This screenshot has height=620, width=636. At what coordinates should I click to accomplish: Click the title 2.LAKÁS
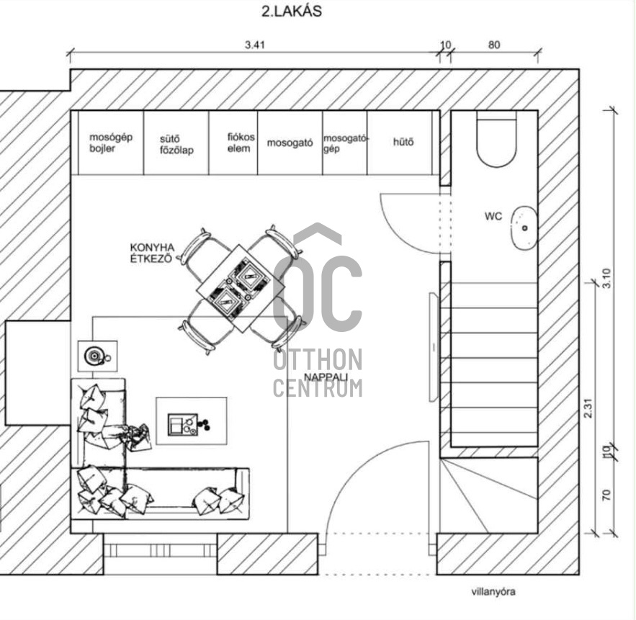click(x=292, y=11)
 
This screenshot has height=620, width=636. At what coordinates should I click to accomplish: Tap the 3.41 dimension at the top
click(x=255, y=45)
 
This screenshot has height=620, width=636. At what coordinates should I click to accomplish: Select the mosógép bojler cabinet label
click(x=111, y=143)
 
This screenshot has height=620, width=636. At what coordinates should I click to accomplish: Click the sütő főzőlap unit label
click(x=176, y=145)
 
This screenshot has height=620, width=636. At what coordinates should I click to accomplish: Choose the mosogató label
click(x=290, y=143)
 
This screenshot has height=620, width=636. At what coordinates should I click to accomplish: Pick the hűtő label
click(x=403, y=142)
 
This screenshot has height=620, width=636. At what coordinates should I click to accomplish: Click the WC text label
click(x=493, y=216)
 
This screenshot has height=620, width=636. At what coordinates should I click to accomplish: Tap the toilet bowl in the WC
click(x=496, y=139)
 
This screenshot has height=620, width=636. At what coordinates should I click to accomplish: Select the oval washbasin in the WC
click(x=524, y=228)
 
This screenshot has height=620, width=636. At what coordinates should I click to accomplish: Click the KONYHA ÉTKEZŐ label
click(x=152, y=253)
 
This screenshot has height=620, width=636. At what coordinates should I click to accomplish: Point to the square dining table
click(x=241, y=289)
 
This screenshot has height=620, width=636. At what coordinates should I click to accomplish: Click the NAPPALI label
click(x=326, y=377)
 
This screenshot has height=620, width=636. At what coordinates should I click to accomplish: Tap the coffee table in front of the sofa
click(x=192, y=421)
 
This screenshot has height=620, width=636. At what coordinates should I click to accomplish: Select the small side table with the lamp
click(x=97, y=356)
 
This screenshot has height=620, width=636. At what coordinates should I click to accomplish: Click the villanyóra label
click(x=493, y=592)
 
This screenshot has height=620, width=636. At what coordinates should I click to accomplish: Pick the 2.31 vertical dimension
click(x=588, y=408)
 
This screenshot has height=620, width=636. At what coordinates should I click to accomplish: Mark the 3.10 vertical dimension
click(x=606, y=278)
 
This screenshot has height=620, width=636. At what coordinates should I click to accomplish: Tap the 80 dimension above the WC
click(x=494, y=45)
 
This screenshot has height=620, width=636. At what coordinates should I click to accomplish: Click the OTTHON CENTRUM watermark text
click(x=318, y=373)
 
